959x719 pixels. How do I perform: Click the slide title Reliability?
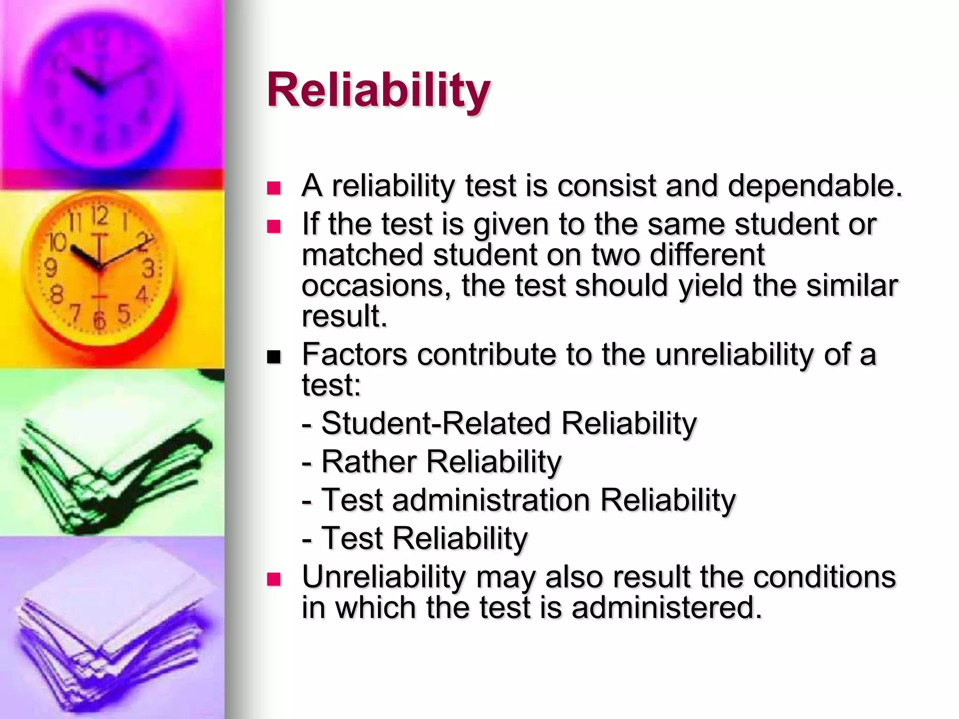tap(378, 91)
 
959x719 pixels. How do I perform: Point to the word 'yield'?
tap(710, 285)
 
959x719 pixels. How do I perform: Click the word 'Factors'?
tap(354, 354)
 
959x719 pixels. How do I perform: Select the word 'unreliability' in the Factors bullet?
tap(734, 354)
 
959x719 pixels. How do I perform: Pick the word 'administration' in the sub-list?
tap(491, 500)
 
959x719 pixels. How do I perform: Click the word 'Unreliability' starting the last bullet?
tap(384, 577)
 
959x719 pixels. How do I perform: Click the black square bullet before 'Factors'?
tap(273, 358)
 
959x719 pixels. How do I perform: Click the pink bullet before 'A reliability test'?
tap(273, 189)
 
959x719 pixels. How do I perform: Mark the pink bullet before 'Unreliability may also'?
tap(273, 580)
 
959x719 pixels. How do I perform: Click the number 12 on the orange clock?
tap(99, 216)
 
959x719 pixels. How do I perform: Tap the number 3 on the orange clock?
tap(148, 269)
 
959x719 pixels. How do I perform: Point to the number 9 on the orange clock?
tap(50, 268)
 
